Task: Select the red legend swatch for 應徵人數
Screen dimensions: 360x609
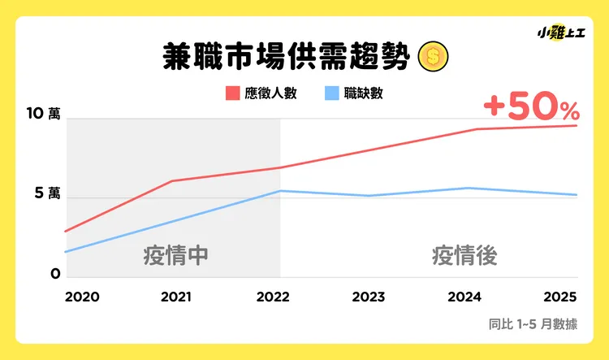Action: click(231, 93)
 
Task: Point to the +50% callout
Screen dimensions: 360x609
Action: click(531, 106)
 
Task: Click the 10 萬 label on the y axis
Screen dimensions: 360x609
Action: click(42, 115)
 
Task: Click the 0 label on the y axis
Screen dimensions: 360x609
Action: click(55, 274)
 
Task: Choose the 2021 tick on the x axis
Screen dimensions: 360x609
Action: click(176, 297)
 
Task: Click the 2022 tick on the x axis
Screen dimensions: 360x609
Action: click(273, 297)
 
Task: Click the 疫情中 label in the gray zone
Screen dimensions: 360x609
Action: click(176, 255)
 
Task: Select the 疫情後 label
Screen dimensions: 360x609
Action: click(464, 255)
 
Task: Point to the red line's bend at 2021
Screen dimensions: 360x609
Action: click(173, 180)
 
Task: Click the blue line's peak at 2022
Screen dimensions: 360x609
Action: click(280, 191)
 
